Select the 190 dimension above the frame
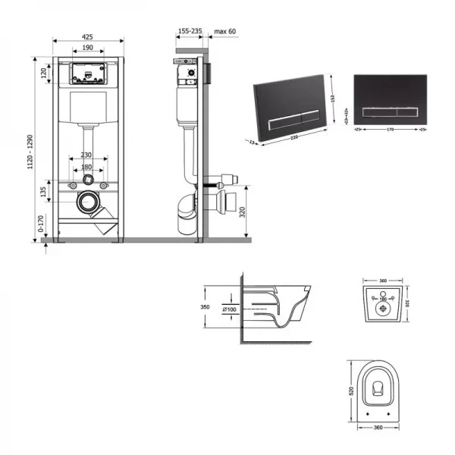pyautogui.click(x=87, y=47)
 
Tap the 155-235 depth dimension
pyautogui.click(x=190, y=32)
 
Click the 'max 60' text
pyautogui.click(x=225, y=32)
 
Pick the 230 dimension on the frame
pyautogui.click(x=88, y=156)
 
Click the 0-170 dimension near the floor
pyautogui.click(x=42, y=223)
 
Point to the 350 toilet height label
pyautogui.click(x=205, y=308)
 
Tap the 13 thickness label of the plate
pyautogui.click(x=252, y=142)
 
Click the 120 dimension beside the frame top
pyautogui.click(x=43, y=74)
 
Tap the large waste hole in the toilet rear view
pyautogui.click(x=383, y=309)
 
